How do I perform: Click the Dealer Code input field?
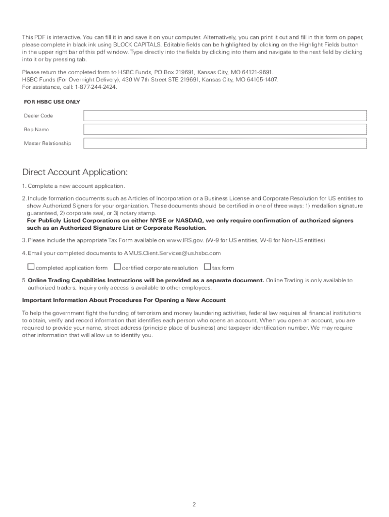(225, 116)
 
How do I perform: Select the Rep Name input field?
(225, 130)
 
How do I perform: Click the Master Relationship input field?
(225, 143)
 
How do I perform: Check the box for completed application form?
(31, 267)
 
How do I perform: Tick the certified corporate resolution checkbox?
(117, 267)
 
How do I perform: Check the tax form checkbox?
(207, 267)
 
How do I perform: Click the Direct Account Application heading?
(75, 172)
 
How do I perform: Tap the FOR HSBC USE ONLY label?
(52, 102)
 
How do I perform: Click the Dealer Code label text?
(38, 116)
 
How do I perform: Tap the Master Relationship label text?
(47, 143)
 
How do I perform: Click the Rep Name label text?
(36, 130)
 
